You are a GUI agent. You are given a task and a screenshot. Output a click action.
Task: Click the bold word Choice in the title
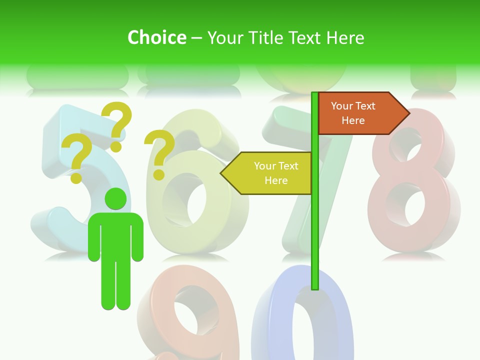[x=156, y=37]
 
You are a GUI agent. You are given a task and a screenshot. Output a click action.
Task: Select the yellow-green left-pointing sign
[x=270, y=173]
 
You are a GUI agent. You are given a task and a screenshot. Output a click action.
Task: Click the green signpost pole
[x=314, y=225]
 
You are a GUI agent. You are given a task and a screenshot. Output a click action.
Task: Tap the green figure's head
[x=116, y=198]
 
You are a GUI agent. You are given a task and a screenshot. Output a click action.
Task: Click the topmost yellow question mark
[x=117, y=125]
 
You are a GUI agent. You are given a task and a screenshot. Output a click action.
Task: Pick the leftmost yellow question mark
[x=76, y=158]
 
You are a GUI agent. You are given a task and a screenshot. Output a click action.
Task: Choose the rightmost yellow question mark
[x=160, y=154]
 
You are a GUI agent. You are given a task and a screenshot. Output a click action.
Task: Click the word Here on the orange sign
[x=353, y=120]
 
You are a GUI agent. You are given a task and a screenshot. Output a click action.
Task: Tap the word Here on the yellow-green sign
[x=276, y=180]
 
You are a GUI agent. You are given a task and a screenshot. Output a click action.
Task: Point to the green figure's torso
[x=116, y=235]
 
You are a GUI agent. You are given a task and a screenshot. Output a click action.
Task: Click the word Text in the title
[x=305, y=37]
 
